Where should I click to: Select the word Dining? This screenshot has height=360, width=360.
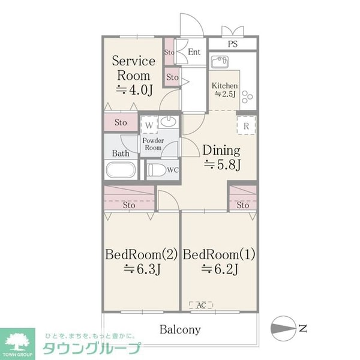(x=220, y=151)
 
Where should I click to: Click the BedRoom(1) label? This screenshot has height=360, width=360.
(x=219, y=254)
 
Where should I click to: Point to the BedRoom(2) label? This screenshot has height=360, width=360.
(x=141, y=254)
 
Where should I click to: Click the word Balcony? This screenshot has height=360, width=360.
(x=180, y=329)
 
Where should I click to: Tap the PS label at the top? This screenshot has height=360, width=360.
(x=232, y=44)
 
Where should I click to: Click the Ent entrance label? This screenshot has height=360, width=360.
(x=194, y=52)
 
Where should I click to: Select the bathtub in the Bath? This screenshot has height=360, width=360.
(x=121, y=170)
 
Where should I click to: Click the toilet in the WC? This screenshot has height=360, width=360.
(x=156, y=170)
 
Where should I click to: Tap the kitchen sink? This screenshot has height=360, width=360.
(x=218, y=62)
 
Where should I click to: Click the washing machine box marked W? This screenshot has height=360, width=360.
(x=149, y=125)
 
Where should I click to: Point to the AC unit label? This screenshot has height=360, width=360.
(x=202, y=305)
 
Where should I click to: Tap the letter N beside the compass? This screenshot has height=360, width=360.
(x=303, y=328)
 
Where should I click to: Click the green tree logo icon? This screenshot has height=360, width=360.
(x=17, y=340)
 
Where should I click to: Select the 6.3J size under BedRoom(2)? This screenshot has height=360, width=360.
(x=141, y=269)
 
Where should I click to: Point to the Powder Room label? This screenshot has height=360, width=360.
(x=153, y=144)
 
